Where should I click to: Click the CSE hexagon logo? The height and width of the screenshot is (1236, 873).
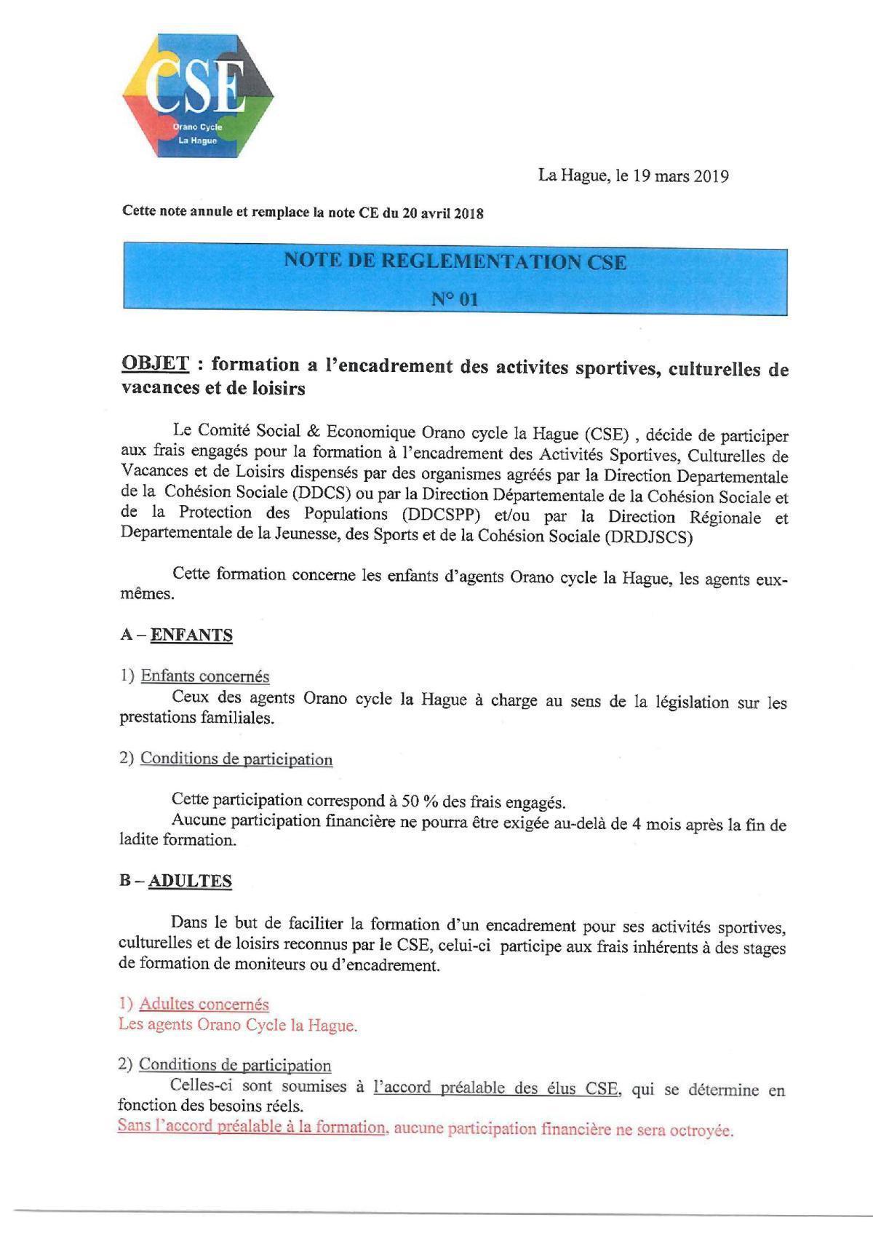click(198, 95)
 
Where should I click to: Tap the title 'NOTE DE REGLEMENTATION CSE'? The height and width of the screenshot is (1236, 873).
click(455, 261)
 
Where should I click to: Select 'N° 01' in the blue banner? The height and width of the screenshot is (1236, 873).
click(455, 298)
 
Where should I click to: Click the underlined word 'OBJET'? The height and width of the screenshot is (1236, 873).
click(155, 363)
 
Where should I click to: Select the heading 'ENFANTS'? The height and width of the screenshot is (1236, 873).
click(191, 635)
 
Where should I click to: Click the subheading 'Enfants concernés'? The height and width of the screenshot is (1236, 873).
click(204, 676)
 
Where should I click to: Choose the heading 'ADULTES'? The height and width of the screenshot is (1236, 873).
click(190, 881)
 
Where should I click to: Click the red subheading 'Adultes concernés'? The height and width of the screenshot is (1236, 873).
click(204, 1005)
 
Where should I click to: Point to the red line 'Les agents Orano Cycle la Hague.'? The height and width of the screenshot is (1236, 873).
click(237, 1025)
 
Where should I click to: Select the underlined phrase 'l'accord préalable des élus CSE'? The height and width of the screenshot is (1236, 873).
click(495, 1088)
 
